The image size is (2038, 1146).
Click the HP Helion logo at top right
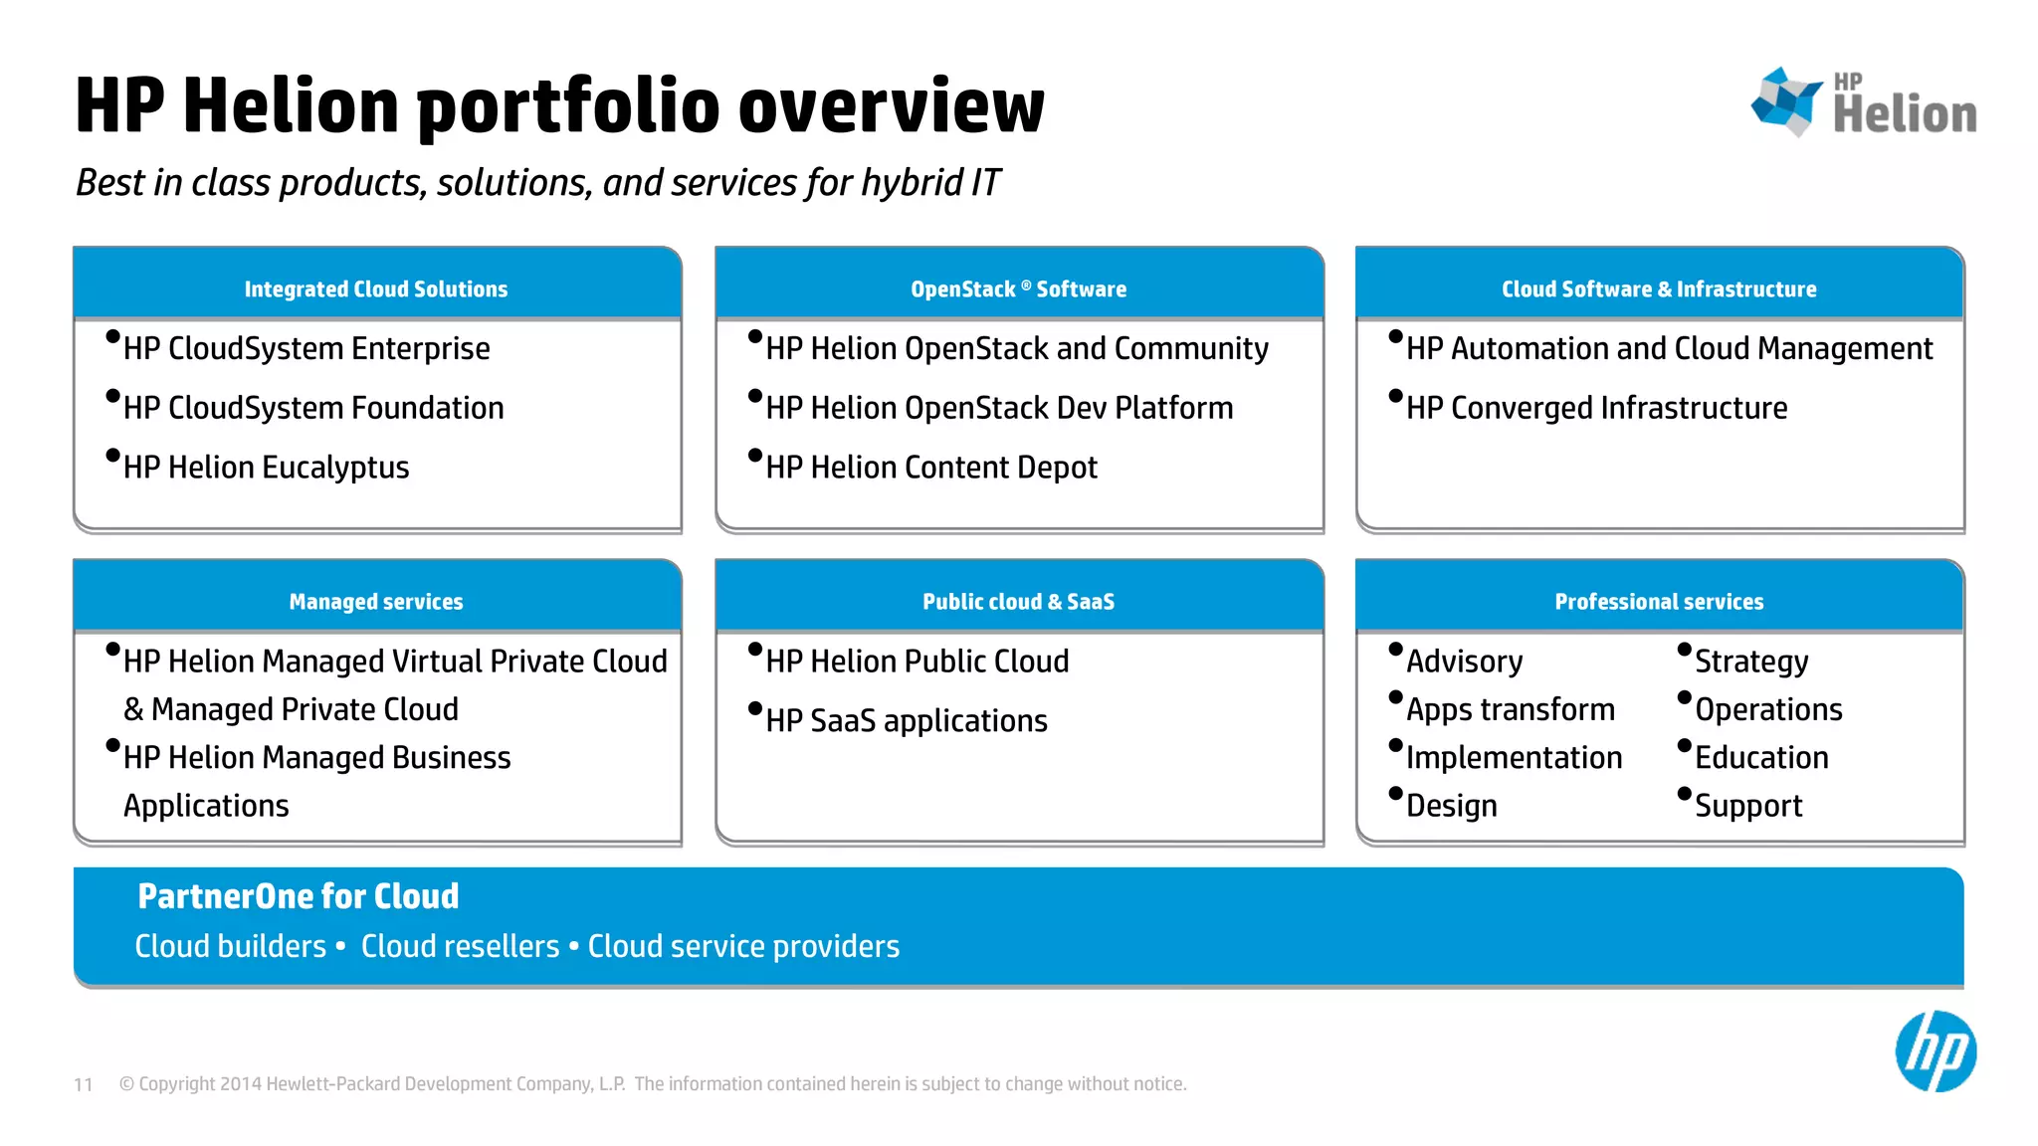(1864, 101)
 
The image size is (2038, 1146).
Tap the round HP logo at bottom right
(1936, 1051)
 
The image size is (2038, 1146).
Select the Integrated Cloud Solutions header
(376, 288)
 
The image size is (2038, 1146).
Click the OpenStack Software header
(1018, 288)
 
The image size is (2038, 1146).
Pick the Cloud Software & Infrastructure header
(1659, 288)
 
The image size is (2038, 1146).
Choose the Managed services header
(376, 601)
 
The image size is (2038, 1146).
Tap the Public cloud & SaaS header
(1018, 601)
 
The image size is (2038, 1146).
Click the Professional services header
(1659, 601)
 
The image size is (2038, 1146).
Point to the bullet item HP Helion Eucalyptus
(266, 468)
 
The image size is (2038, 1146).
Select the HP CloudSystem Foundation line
(313, 408)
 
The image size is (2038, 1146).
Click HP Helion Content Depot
(931, 468)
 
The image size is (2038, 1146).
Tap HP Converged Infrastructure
(1596, 408)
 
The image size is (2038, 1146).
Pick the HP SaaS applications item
(906, 720)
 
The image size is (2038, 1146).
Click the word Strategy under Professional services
(1751, 662)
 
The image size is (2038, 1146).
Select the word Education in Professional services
(1761, 758)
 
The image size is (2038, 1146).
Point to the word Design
(1451, 806)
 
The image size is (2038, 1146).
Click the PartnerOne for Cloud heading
(299, 896)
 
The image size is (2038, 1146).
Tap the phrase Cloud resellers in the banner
(460, 946)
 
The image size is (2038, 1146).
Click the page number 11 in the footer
(84, 1084)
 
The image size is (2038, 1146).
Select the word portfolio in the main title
(567, 107)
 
